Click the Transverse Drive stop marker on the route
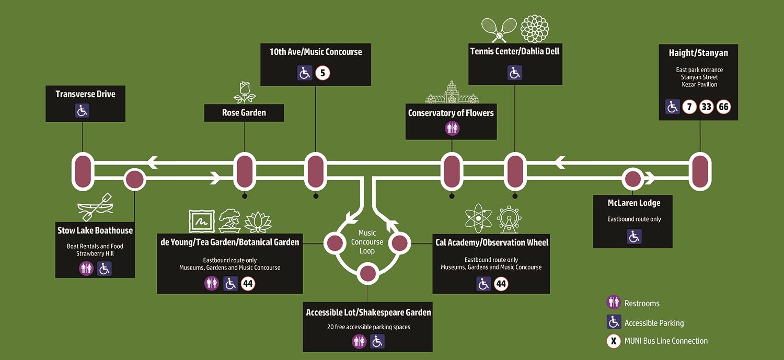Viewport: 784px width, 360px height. pos(83,171)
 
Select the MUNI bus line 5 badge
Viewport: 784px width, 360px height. pos(322,73)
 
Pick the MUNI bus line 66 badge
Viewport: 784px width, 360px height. pos(723,107)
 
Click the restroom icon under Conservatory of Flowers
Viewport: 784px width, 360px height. pos(452,128)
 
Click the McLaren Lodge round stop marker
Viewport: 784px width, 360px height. pos(632,179)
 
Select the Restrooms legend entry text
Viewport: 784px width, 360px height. pos(642,304)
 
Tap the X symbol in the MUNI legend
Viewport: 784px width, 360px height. pos(613,342)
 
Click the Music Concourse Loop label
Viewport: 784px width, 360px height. pos(367,242)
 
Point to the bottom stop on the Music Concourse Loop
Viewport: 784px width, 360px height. pos(367,273)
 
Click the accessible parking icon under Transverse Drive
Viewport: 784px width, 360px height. pos(83,111)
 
